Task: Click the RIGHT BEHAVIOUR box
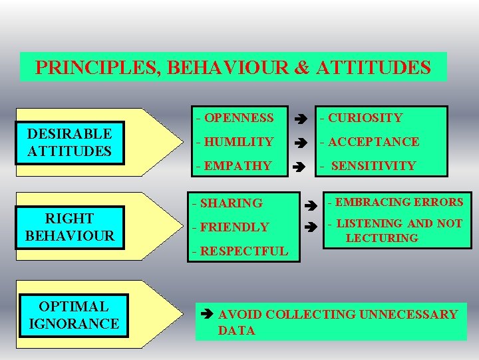[69, 227]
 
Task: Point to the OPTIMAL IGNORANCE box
[73, 315]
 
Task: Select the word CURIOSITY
[365, 118]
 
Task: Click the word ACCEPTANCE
[373, 142]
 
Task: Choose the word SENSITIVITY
[373, 166]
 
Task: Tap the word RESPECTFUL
[243, 251]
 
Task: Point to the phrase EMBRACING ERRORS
[399, 202]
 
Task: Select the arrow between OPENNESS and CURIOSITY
[301, 119]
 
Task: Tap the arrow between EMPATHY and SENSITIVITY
[301, 167]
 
